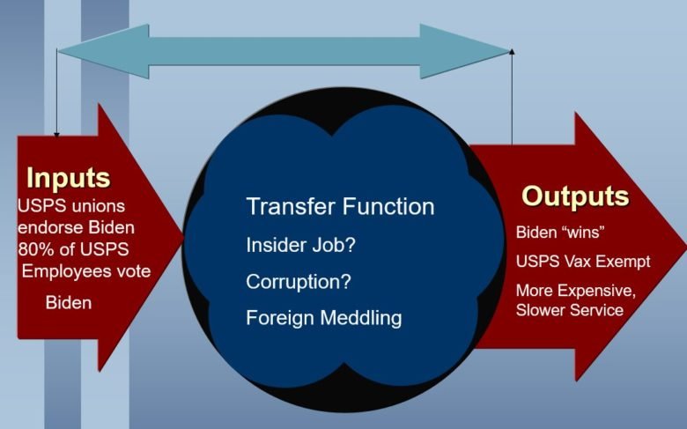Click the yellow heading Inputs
tap(69, 177)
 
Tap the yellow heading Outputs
tap(575, 196)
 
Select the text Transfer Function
tap(341, 206)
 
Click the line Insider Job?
tap(300, 245)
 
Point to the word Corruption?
tap(299, 281)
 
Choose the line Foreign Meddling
tap(324, 318)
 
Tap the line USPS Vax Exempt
tap(583, 262)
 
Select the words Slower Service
tap(570, 310)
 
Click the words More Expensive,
tap(576, 291)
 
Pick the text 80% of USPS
tap(74, 249)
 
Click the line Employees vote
tap(86, 271)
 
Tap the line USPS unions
tap(71, 206)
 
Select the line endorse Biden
tap(77, 227)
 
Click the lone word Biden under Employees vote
tap(69, 303)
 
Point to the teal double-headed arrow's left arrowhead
tap(103, 51)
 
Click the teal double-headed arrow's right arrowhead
tap(464, 51)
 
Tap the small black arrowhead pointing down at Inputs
tap(56, 135)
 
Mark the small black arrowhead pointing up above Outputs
tap(512, 52)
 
